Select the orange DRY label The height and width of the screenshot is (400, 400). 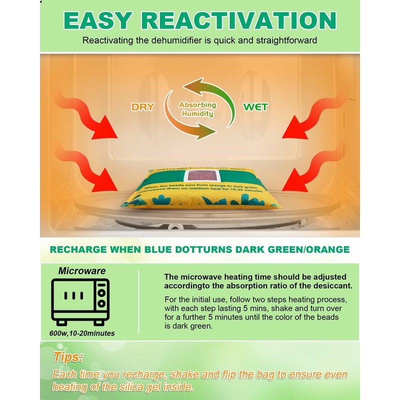tap(142, 107)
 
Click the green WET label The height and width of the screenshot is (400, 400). tap(255, 107)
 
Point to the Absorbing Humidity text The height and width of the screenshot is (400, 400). tap(197, 109)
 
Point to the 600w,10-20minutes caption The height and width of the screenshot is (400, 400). tap(82, 333)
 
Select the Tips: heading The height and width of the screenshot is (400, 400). tap(68, 357)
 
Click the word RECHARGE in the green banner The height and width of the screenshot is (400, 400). tap(81, 249)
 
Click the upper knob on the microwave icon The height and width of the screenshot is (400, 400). tap(101, 292)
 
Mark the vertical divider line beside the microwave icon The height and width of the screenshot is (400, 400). tap(138, 302)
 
